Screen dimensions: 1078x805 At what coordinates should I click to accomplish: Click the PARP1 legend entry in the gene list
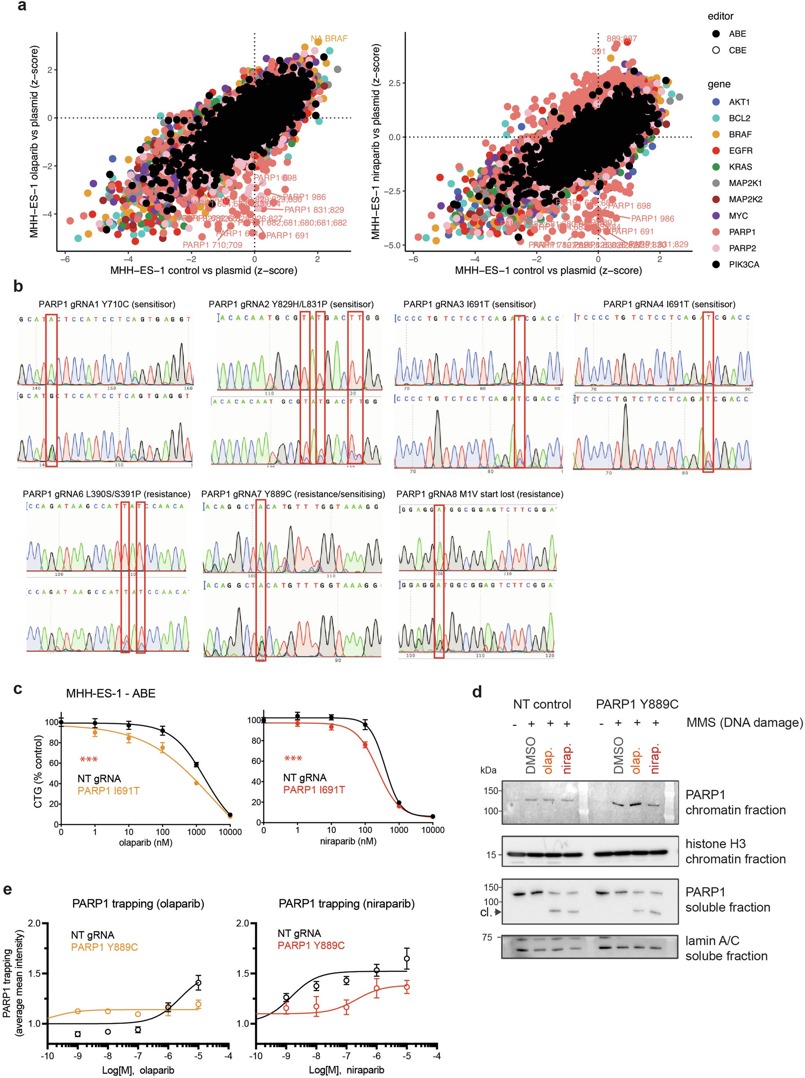coord(742,232)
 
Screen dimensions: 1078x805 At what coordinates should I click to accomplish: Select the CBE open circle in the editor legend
coord(716,50)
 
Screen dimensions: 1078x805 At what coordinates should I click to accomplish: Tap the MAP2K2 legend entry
coord(745,199)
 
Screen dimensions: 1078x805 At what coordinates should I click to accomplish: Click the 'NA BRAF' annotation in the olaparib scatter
coord(329,39)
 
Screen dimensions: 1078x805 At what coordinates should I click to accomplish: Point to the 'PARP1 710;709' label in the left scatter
coord(212,245)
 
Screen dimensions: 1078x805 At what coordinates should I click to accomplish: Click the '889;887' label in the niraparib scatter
coord(621,39)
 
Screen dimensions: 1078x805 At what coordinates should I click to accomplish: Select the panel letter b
coord(18,286)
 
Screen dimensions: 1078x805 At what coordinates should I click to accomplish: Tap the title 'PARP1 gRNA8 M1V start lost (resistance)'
coord(480,494)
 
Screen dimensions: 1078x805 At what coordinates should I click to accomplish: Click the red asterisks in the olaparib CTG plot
coord(89,759)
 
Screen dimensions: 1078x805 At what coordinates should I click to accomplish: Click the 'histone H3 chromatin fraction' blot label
coord(735,851)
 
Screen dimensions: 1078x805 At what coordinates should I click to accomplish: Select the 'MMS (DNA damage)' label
coord(744,722)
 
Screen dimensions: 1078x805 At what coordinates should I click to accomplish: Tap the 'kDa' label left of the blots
coord(488,770)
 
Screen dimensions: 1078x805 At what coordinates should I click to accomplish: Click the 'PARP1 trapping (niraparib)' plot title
coord(347,904)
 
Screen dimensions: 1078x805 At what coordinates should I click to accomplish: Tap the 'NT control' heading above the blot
coord(541,704)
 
